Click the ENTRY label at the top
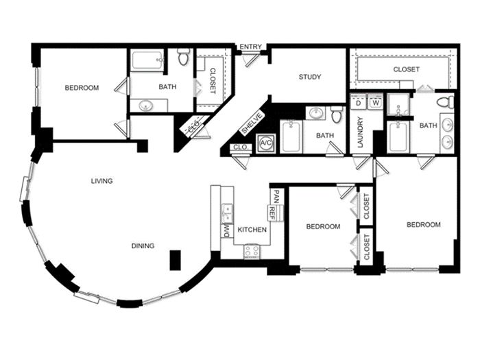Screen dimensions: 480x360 [250, 47]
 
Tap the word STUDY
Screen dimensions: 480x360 [310, 77]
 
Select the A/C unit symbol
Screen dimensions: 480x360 [266, 143]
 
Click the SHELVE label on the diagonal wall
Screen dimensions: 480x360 [252, 123]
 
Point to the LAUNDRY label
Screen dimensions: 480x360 [360, 132]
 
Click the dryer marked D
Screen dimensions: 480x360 [359, 102]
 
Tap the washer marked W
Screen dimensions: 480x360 [376, 102]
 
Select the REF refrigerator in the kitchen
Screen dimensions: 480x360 [272, 213]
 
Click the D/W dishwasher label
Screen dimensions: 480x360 [227, 231]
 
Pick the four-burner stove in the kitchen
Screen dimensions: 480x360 [252, 252]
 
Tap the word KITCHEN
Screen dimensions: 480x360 [252, 230]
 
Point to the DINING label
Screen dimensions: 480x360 [143, 245]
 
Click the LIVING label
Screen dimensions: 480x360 [102, 181]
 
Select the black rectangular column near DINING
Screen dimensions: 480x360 [176, 260]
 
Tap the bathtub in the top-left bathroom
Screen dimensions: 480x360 [147, 61]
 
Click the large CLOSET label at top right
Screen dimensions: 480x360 [406, 69]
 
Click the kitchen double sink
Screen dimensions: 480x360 [227, 213]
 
